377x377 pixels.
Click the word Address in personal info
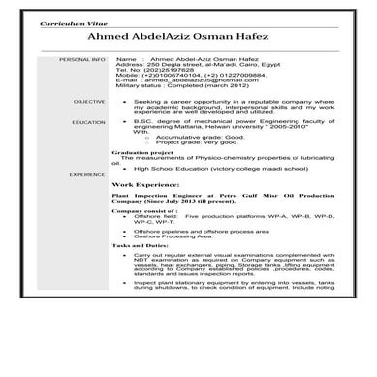click(129, 64)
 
